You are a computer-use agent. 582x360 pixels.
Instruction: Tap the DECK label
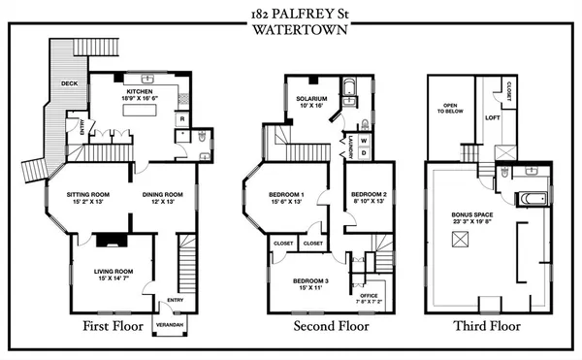(x=69, y=83)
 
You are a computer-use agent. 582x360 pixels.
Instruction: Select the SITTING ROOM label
(x=87, y=194)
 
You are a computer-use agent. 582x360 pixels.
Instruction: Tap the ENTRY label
(x=174, y=299)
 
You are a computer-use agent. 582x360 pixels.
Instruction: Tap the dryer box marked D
(x=364, y=153)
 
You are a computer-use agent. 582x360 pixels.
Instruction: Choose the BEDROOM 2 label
(x=370, y=194)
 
